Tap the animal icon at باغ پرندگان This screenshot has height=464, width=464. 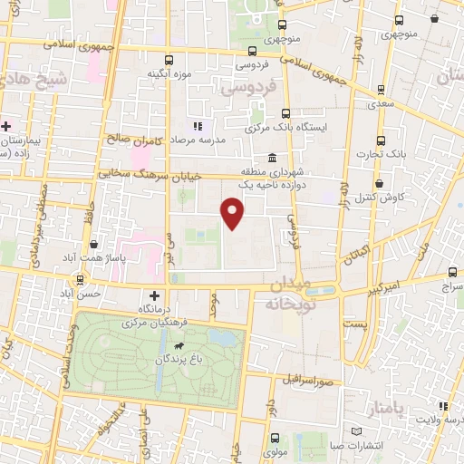[x=179, y=347]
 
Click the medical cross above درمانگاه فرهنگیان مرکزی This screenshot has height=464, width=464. [x=154, y=296]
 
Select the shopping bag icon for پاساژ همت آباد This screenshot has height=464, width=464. [x=94, y=245]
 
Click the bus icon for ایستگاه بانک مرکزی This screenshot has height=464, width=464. [x=286, y=113]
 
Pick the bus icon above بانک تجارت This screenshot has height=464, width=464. [x=381, y=140]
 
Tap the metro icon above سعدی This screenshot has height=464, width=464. [x=378, y=91]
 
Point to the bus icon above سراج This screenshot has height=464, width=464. [x=454, y=272]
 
